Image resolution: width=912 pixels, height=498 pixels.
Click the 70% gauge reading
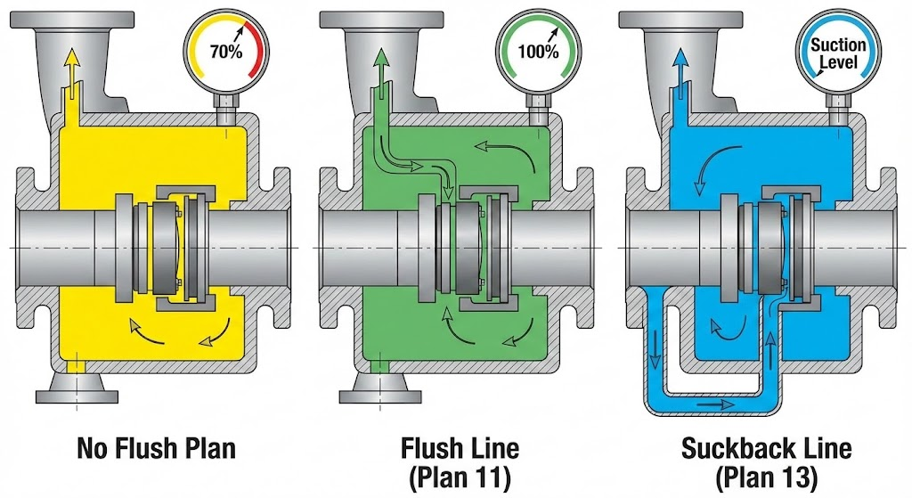coord(224,51)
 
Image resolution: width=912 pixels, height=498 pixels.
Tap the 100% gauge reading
coord(539,51)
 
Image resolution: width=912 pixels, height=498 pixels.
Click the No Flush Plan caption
coord(157,447)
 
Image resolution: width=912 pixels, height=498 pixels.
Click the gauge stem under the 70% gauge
coord(224,111)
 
